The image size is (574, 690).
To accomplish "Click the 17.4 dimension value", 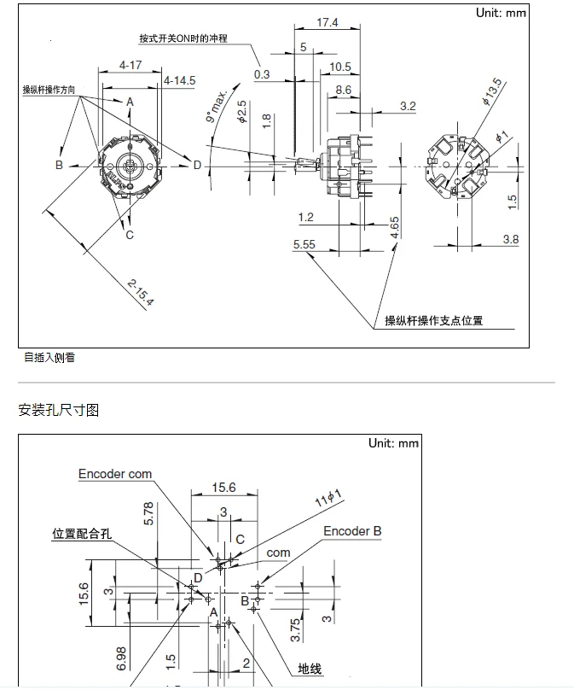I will click(x=328, y=23).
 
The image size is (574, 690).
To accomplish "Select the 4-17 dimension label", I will click(x=130, y=65).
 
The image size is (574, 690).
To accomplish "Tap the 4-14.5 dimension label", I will click(x=180, y=80).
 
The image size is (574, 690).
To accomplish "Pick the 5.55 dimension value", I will click(x=304, y=244).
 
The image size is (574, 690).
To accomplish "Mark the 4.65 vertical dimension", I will click(x=395, y=227).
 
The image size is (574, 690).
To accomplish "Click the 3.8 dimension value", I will click(x=510, y=239).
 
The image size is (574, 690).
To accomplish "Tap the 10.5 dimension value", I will click(x=340, y=67).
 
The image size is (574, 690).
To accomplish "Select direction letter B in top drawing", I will click(x=60, y=165).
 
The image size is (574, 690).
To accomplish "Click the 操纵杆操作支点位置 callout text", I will click(x=434, y=321).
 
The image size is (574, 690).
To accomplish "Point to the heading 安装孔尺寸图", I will click(x=59, y=411).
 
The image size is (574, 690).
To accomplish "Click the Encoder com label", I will click(x=115, y=474).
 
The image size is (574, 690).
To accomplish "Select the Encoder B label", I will click(x=352, y=531).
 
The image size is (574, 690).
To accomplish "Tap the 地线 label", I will click(x=310, y=669).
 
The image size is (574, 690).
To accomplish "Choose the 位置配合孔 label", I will click(x=83, y=534).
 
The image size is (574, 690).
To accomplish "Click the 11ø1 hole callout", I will click(x=328, y=497).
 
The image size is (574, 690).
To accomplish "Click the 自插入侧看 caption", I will click(x=49, y=357).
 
